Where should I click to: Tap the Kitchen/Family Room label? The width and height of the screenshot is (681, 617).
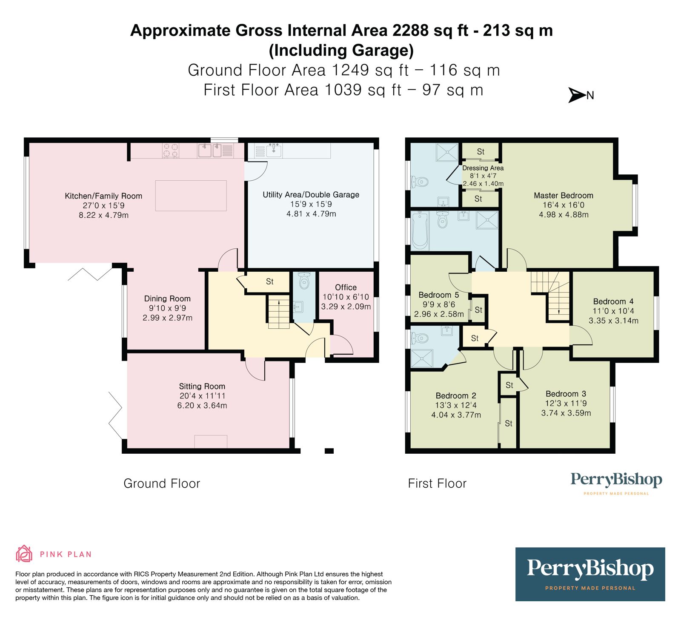pos(103,196)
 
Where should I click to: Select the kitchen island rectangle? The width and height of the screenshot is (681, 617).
pos(191,196)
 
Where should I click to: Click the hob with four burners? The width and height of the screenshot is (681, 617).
pos(171,151)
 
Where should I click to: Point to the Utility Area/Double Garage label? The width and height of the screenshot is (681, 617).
pos(311,195)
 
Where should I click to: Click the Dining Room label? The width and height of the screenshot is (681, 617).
pos(167,299)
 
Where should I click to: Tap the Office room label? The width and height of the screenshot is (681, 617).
pos(346,287)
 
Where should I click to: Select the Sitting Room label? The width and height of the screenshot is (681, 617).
pos(202,387)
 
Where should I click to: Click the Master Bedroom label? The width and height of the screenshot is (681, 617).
pos(564,196)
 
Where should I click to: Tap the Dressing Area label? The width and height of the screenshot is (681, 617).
pos(483,168)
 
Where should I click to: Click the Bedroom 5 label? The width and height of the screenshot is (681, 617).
pos(439,295)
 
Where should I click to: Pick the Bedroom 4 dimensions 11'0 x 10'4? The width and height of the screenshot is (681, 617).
pos(613,311)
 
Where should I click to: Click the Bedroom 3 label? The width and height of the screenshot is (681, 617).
pos(566,394)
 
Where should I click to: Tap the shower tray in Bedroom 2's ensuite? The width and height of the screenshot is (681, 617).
pos(422,358)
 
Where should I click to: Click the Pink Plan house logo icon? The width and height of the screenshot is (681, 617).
pos(24,554)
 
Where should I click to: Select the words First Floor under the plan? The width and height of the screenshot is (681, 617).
pos(437,483)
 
